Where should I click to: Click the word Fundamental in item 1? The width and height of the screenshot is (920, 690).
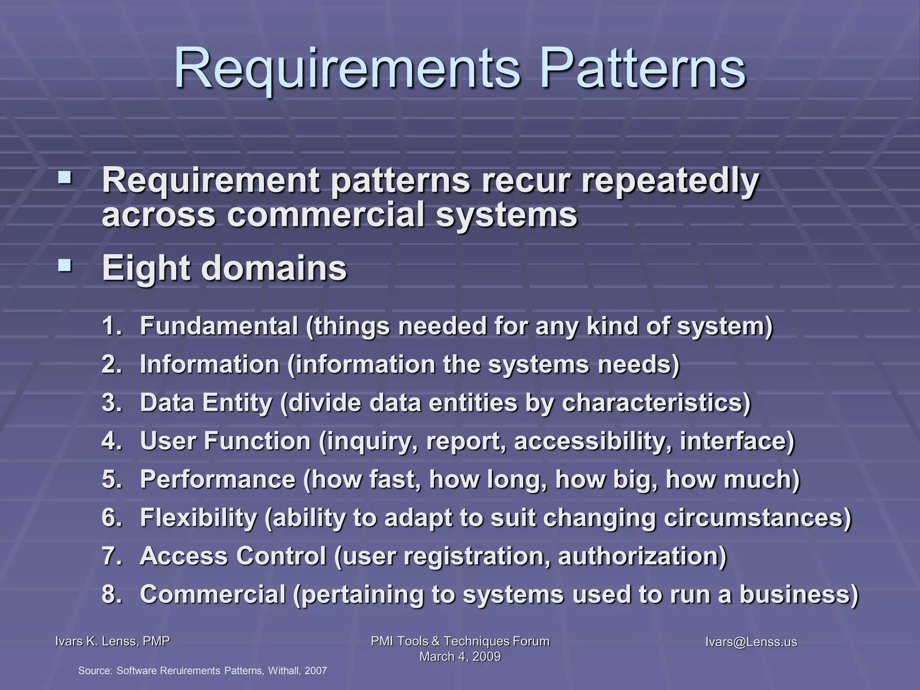219,326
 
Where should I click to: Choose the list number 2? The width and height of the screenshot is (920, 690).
111,364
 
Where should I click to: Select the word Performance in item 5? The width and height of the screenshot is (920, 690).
218,479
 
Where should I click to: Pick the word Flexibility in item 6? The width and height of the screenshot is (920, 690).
198,517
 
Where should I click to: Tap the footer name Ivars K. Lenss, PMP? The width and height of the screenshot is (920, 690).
112,641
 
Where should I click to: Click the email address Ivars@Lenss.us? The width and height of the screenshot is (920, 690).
751,642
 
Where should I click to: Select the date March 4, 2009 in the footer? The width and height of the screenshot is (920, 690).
460,657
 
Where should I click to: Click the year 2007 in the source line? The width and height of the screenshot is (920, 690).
315,671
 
